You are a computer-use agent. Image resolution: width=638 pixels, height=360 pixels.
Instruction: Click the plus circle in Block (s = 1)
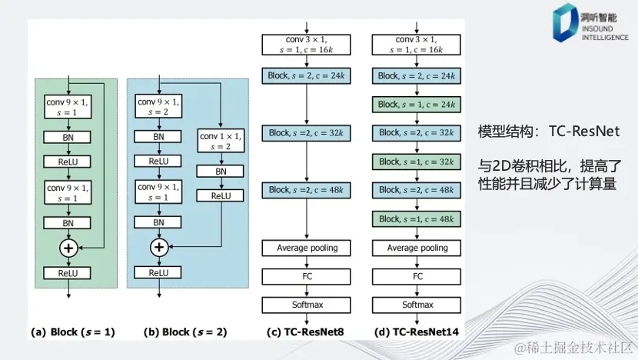point(70,247)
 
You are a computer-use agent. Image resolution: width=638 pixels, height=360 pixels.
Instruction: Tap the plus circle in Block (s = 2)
point(158,247)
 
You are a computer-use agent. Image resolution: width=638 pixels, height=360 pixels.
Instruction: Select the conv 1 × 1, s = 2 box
point(221,142)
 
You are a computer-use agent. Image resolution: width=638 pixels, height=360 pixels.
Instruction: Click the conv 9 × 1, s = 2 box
point(158,106)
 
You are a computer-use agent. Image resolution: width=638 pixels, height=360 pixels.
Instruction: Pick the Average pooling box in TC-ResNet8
point(307,248)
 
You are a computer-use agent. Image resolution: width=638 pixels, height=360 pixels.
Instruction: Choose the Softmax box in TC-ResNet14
point(417,305)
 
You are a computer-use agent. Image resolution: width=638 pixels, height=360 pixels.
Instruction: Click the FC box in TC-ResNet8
point(307,276)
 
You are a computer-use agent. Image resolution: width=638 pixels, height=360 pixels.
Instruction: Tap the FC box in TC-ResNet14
point(417,276)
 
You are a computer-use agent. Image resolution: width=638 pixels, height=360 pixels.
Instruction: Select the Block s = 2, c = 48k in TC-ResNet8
point(307,190)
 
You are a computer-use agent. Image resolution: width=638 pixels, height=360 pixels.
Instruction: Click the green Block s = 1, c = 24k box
point(417,104)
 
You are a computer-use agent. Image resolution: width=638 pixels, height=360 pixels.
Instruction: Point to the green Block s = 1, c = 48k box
point(417,218)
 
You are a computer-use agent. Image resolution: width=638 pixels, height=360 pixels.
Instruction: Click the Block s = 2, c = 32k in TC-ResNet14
point(417,133)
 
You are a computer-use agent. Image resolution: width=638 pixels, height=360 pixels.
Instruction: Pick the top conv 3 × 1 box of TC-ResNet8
point(307,44)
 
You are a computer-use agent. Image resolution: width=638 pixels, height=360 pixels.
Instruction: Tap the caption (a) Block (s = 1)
point(72,332)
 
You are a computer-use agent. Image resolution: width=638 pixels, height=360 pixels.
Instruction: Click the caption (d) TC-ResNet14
point(417,332)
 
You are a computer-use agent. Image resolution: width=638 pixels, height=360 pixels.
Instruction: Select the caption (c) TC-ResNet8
point(307,332)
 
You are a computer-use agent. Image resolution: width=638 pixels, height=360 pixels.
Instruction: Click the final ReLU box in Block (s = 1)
point(70,272)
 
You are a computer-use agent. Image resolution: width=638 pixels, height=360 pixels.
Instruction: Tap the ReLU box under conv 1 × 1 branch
point(221,196)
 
